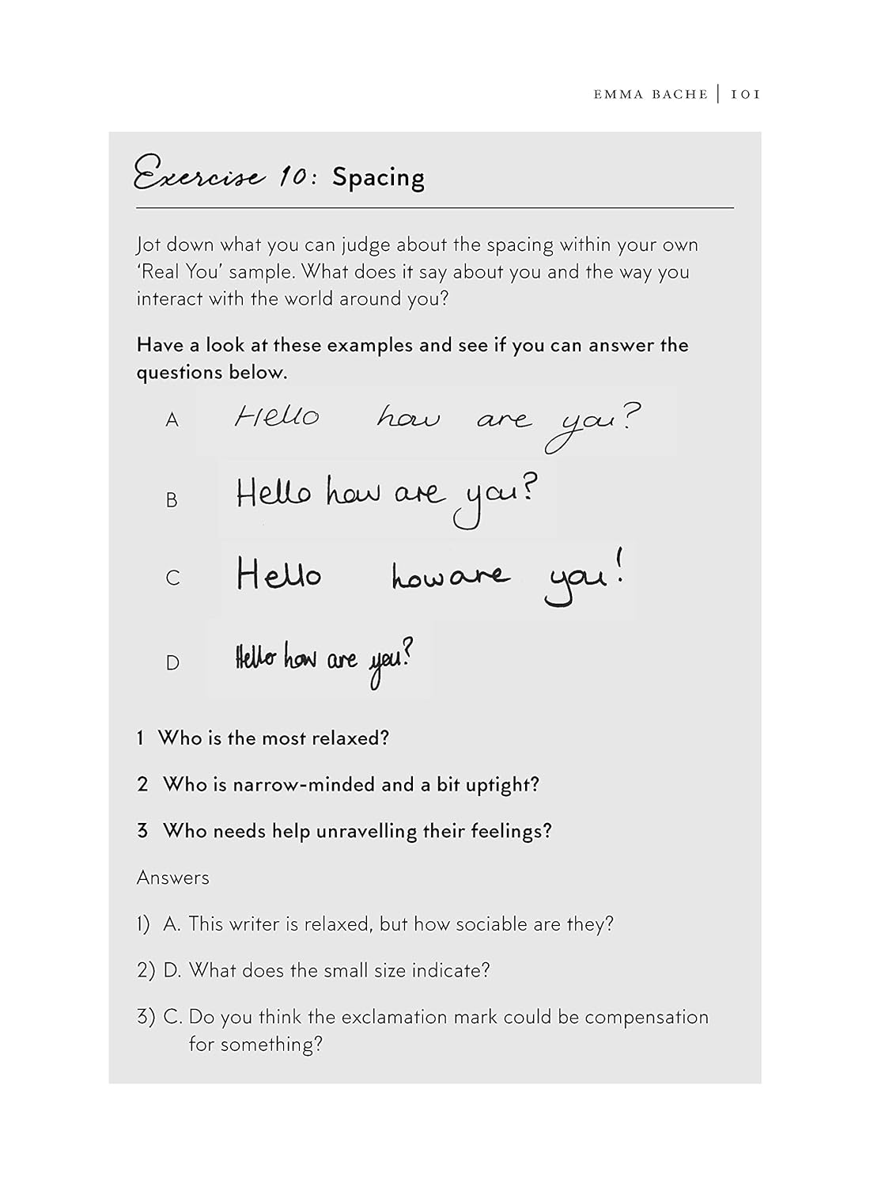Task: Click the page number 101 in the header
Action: (745, 94)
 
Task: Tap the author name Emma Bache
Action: (650, 94)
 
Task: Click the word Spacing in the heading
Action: (378, 177)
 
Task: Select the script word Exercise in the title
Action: (199, 175)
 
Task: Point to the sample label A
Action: (172, 420)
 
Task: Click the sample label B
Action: (172, 500)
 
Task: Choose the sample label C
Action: (172, 578)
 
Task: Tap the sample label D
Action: (172, 662)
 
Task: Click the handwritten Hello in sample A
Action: (277, 415)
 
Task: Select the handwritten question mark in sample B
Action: (528, 489)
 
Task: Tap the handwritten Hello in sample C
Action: (278, 574)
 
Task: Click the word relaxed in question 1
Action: (350, 738)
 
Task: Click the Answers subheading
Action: (172, 878)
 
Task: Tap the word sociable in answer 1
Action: (491, 924)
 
